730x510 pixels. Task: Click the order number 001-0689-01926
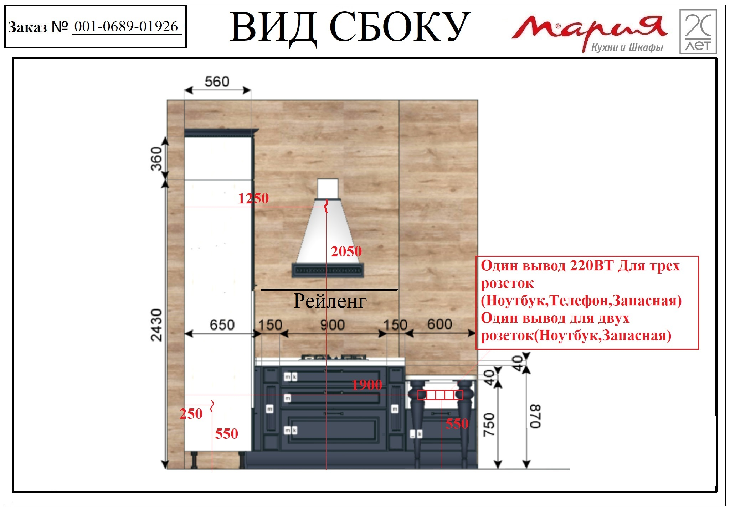point(126,26)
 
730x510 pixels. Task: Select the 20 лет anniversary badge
point(698,32)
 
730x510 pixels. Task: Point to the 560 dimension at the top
point(217,82)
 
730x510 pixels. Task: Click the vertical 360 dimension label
point(156,159)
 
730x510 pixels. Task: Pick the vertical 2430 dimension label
point(156,325)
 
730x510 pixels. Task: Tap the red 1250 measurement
point(253,198)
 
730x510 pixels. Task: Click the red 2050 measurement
point(346,251)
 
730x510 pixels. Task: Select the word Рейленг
point(330,301)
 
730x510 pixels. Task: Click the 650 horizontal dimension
point(222,325)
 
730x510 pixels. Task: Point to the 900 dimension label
point(333,325)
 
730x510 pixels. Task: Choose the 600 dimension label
point(440,324)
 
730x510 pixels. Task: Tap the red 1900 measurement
point(367,385)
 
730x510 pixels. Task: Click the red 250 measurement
point(191,414)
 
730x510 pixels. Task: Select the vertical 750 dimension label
point(489,425)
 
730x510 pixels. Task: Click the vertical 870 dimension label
point(535,416)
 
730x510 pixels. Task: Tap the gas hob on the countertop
point(334,357)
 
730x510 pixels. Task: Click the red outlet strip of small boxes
point(440,395)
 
